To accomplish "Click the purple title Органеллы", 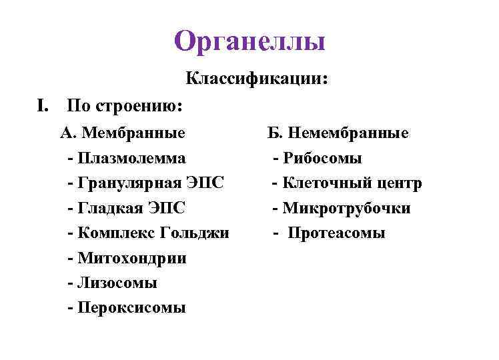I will (249, 41).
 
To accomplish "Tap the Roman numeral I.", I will (43, 105).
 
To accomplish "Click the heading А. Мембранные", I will (123, 133).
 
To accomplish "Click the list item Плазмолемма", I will (131, 158).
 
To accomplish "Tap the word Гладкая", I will (107, 208).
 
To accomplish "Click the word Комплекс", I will (117, 233).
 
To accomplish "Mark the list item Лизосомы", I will (117, 283).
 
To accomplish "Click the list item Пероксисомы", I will (131, 308).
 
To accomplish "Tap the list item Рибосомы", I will (322, 158).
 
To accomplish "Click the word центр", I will (398, 183).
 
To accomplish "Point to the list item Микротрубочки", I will (346, 208).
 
